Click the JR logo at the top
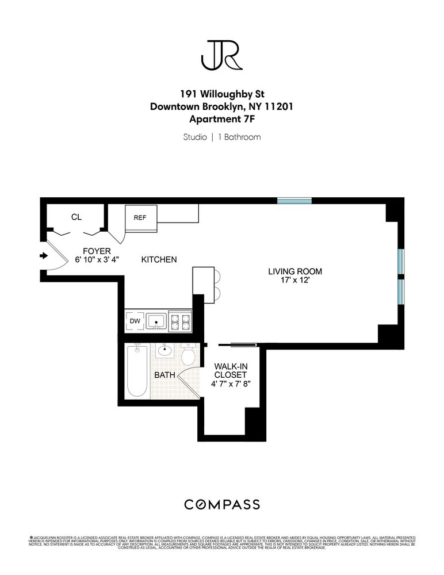point(221,54)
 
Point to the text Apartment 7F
point(221,120)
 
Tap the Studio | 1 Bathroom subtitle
point(221,137)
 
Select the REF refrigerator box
point(140,218)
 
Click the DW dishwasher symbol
point(135,321)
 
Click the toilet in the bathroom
point(188,355)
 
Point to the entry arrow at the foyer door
point(43,256)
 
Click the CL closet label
point(76,217)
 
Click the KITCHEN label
point(159,260)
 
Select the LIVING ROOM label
point(295,271)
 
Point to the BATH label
point(164,375)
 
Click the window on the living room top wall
point(294,201)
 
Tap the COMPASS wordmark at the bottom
point(221,505)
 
